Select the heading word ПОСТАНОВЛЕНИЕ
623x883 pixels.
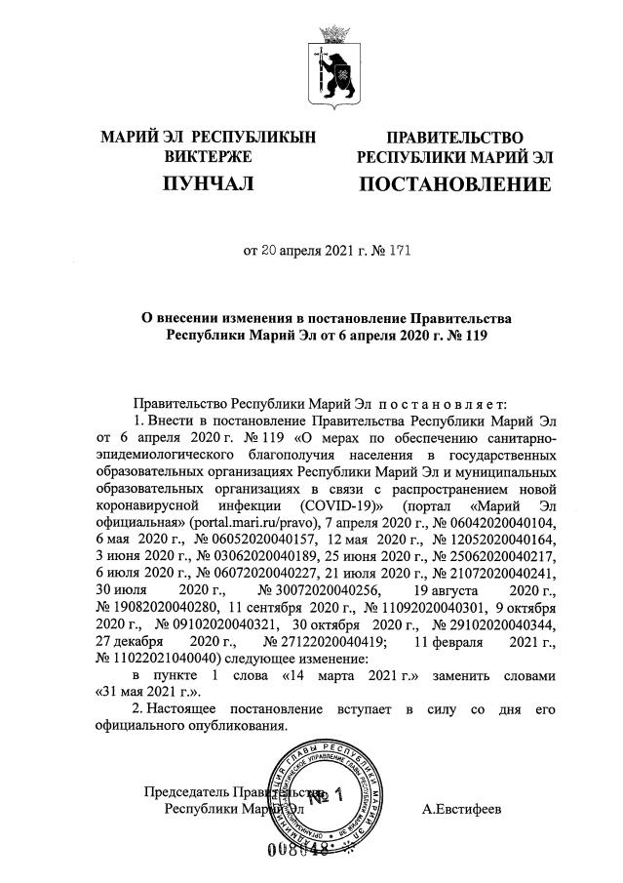point(454,183)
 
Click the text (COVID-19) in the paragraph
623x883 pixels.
point(335,507)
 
